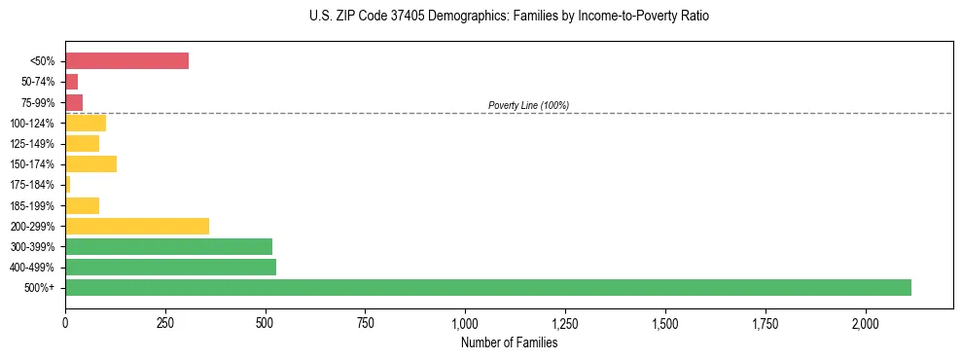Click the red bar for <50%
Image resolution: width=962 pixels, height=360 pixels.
coord(126,61)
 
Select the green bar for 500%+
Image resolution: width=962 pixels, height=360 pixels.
coord(487,287)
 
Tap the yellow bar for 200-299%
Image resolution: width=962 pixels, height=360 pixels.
coord(137,226)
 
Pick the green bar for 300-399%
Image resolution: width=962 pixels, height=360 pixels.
coord(168,246)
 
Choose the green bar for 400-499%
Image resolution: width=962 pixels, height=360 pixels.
coord(170,267)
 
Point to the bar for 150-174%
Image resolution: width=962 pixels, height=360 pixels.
coord(90,163)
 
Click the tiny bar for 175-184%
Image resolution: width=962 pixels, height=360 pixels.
coord(67,184)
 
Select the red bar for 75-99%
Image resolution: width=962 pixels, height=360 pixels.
coord(74,102)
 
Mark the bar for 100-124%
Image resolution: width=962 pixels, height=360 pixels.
coord(86,123)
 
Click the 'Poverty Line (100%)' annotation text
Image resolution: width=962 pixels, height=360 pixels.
coord(528,105)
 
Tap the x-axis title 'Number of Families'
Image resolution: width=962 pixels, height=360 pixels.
coord(509,342)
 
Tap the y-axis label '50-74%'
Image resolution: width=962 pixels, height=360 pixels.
coord(38,82)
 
